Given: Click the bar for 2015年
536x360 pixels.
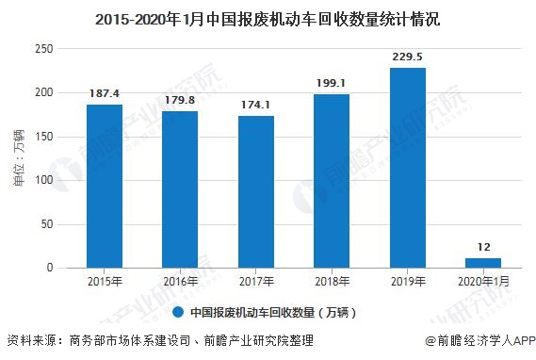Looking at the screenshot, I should point(105,186).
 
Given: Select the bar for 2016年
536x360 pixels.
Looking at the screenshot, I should point(180,189).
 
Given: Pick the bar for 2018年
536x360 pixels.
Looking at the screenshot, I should point(332,181).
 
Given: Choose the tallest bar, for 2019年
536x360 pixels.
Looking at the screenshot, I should point(407,168).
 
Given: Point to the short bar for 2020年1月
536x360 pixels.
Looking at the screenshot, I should point(482,263).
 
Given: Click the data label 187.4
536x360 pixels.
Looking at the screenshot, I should point(105,94).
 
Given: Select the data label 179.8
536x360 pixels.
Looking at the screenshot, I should point(180,101).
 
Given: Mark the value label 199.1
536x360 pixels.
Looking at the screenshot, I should point(332,84).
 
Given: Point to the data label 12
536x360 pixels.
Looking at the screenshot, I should point(482,247).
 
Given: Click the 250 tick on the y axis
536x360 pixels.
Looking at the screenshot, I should point(41,49).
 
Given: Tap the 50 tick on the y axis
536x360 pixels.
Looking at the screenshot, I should point(44,224).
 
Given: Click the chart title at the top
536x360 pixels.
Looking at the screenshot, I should point(268,18).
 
